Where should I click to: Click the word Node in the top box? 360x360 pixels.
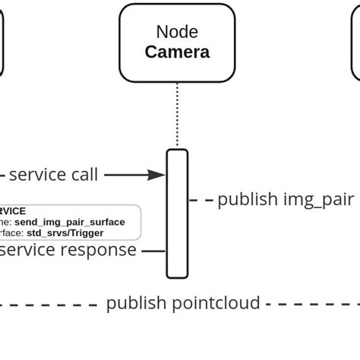[x=177, y=32]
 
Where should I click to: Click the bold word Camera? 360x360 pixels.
[x=177, y=52]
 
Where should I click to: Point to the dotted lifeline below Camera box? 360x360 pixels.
[x=177, y=114]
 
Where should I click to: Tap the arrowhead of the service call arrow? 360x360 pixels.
[x=158, y=175]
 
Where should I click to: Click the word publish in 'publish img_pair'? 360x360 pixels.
[x=248, y=199]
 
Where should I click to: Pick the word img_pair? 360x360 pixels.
[x=318, y=199]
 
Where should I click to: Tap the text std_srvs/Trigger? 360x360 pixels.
[x=65, y=233]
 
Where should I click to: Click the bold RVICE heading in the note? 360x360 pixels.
[x=13, y=211]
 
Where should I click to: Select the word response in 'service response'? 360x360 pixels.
[x=100, y=250]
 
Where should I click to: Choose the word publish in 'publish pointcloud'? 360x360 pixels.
[x=136, y=303]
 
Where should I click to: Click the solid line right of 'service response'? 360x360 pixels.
[x=153, y=250]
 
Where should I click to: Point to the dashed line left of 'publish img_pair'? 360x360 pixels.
[x=201, y=200]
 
